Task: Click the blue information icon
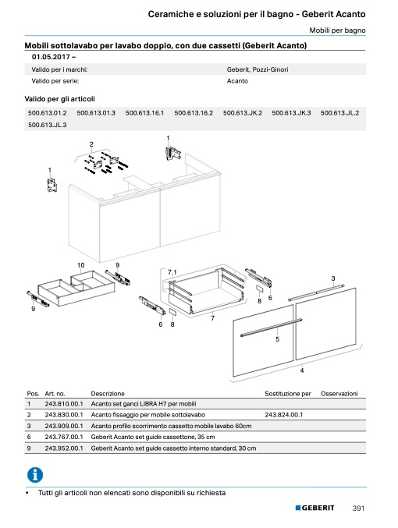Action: tap(35, 475)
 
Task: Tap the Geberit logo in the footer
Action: tap(314, 508)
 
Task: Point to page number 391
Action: tap(358, 509)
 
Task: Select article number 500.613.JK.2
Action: tap(242, 113)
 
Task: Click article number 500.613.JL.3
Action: tap(47, 125)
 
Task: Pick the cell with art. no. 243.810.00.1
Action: tap(64, 404)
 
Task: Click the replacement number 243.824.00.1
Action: tap(284, 415)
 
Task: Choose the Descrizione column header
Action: tap(108, 394)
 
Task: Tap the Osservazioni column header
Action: tap(339, 394)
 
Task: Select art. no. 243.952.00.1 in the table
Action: tap(64, 448)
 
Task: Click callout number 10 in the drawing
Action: tap(81, 265)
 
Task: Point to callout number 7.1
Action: tap(172, 272)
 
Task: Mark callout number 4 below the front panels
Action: tap(302, 370)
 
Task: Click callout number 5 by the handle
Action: tap(277, 339)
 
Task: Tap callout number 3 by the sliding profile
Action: tap(333, 278)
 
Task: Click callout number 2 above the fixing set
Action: tap(91, 144)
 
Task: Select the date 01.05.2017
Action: tap(51, 57)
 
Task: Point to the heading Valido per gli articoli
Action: tap(59, 99)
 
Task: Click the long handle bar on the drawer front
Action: tap(271, 328)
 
